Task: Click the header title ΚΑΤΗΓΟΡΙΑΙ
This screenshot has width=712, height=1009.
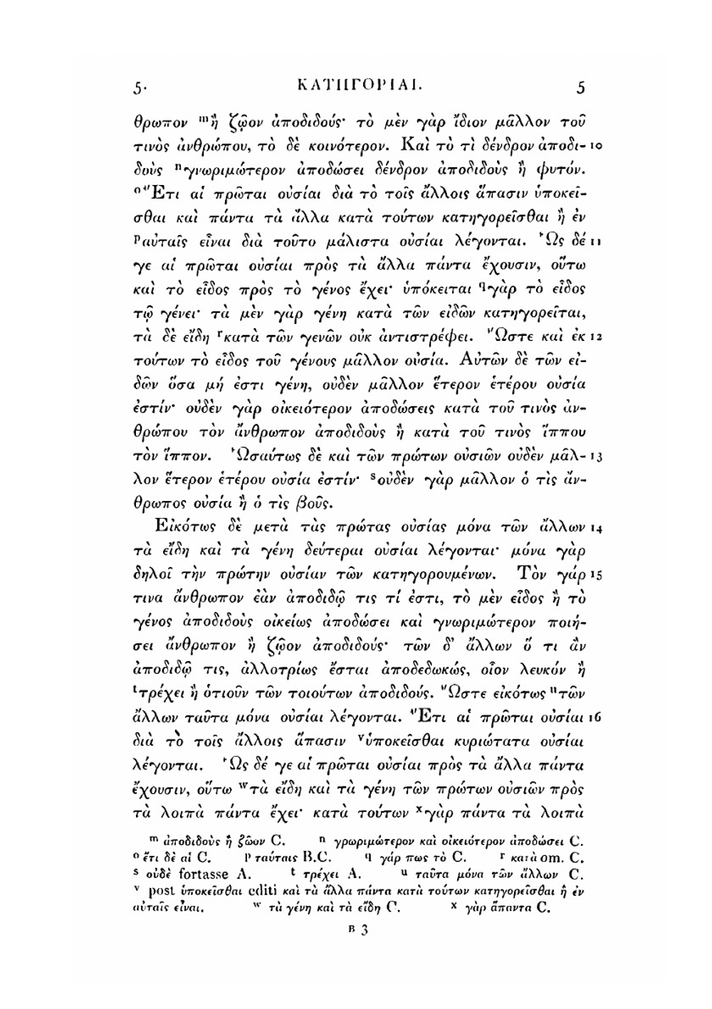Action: pyautogui.click(x=352, y=89)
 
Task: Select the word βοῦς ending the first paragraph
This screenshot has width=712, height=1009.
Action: pyautogui.click(x=310, y=503)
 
